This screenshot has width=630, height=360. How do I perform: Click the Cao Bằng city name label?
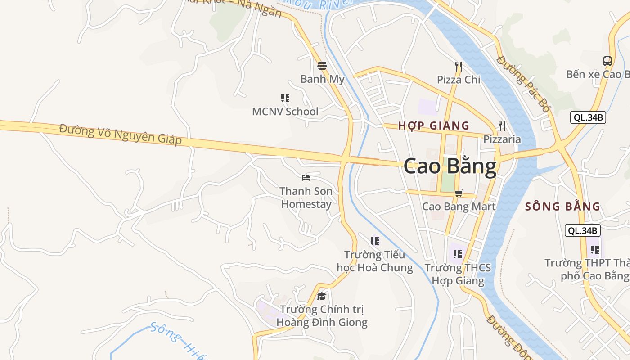450,166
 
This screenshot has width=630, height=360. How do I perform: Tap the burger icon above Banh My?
322,66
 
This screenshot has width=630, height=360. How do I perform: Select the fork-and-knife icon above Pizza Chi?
459,67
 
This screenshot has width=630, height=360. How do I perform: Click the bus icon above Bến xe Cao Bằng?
607,61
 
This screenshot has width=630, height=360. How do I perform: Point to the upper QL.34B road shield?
588,118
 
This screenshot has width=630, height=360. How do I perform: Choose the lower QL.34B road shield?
583,231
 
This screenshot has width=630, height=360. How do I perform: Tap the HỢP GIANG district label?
434,126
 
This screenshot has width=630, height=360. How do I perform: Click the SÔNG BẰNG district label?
562,207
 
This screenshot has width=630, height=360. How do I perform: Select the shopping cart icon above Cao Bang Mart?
459,193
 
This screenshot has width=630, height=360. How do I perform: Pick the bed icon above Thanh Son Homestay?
306,178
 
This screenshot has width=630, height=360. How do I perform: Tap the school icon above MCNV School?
285,98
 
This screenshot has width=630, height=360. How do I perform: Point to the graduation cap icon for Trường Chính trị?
321,296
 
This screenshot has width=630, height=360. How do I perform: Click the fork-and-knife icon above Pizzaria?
502,126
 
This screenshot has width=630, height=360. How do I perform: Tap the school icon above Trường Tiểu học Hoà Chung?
375,241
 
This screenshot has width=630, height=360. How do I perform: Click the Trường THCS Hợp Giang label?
458,274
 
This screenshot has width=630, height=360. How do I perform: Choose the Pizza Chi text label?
459,80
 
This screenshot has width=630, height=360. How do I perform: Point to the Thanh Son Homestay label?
306,198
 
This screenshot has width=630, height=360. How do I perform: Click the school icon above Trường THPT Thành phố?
595,249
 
